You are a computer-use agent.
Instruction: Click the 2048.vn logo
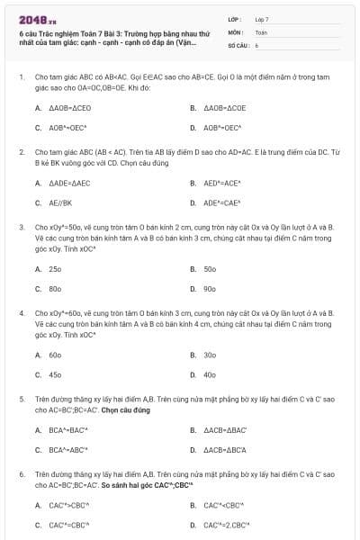point(31,19)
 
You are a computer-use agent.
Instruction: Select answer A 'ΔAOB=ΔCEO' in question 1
point(69,107)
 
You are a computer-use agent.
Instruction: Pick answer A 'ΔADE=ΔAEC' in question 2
point(69,183)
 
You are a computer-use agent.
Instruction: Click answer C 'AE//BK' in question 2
point(60,203)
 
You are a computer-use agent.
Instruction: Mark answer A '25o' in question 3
point(55,268)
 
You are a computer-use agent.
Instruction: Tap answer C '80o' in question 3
point(55,289)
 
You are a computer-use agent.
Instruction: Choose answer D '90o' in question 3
point(210,289)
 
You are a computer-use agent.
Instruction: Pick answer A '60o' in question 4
point(55,355)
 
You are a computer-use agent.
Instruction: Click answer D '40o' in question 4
point(210,374)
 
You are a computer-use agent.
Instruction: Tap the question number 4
point(22,312)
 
